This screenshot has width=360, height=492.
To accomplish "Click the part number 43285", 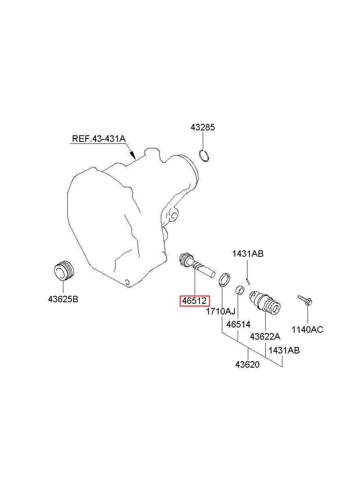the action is (x=202, y=128).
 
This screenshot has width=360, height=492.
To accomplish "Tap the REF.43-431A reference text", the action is (x=99, y=139).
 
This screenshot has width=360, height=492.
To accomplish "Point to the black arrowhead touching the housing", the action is (x=132, y=155).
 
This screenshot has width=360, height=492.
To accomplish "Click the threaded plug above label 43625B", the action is (x=64, y=271).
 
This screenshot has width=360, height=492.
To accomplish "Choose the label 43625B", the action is (x=63, y=299).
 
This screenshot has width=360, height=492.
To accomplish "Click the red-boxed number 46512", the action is (x=195, y=301).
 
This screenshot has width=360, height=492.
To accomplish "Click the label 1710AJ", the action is (x=220, y=311).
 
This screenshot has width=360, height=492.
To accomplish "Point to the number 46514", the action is (x=239, y=324).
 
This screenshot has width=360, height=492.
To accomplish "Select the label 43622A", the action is (x=265, y=336).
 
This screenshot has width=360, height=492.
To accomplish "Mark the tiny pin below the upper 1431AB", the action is (x=248, y=282).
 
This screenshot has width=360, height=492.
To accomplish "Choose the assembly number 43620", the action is (x=247, y=364).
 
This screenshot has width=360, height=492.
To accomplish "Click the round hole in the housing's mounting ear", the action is (x=173, y=215).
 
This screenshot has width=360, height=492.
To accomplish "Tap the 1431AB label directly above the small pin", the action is (x=248, y=254).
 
